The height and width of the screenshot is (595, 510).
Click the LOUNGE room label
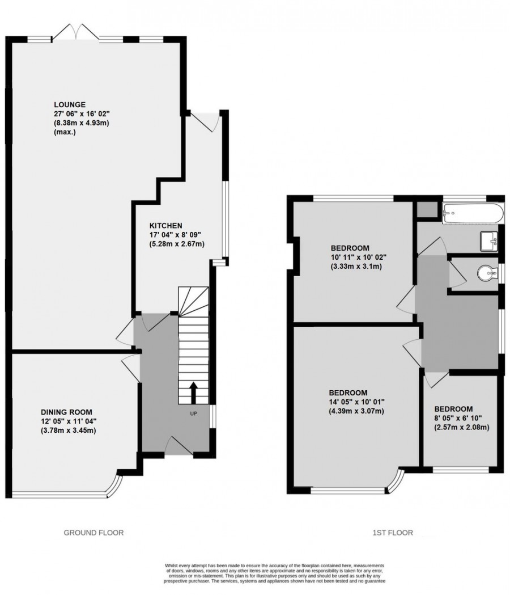point(70,104)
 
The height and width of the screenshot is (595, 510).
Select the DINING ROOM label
point(66,412)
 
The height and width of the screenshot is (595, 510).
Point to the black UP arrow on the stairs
point(193,392)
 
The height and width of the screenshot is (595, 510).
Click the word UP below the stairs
point(194,413)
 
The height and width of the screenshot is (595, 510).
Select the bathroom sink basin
point(490,240)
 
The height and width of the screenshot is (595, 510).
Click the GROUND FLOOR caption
point(93,533)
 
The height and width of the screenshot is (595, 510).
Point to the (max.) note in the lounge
point(65,132)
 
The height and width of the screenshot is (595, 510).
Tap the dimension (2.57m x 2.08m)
point(461,427)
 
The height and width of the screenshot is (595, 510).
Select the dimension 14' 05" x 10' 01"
point(356,402)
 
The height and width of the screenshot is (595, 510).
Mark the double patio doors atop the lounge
point(75,32)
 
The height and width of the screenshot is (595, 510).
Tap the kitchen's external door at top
point(204,121)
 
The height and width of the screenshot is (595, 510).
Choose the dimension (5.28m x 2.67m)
point(176,244)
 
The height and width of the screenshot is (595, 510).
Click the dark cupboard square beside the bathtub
point(427,210)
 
